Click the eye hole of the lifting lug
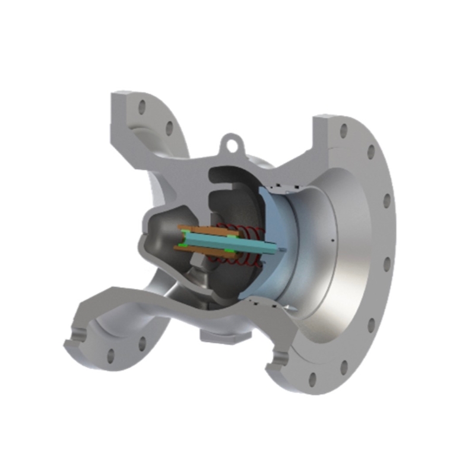coord(231,142)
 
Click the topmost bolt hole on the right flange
coord(343,131)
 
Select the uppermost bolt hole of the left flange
coord(141,107)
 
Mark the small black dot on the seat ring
coord(333,240)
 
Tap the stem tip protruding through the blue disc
coord(284,248)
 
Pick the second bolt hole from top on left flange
coord(169,127)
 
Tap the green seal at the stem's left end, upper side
coord(185,229)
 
